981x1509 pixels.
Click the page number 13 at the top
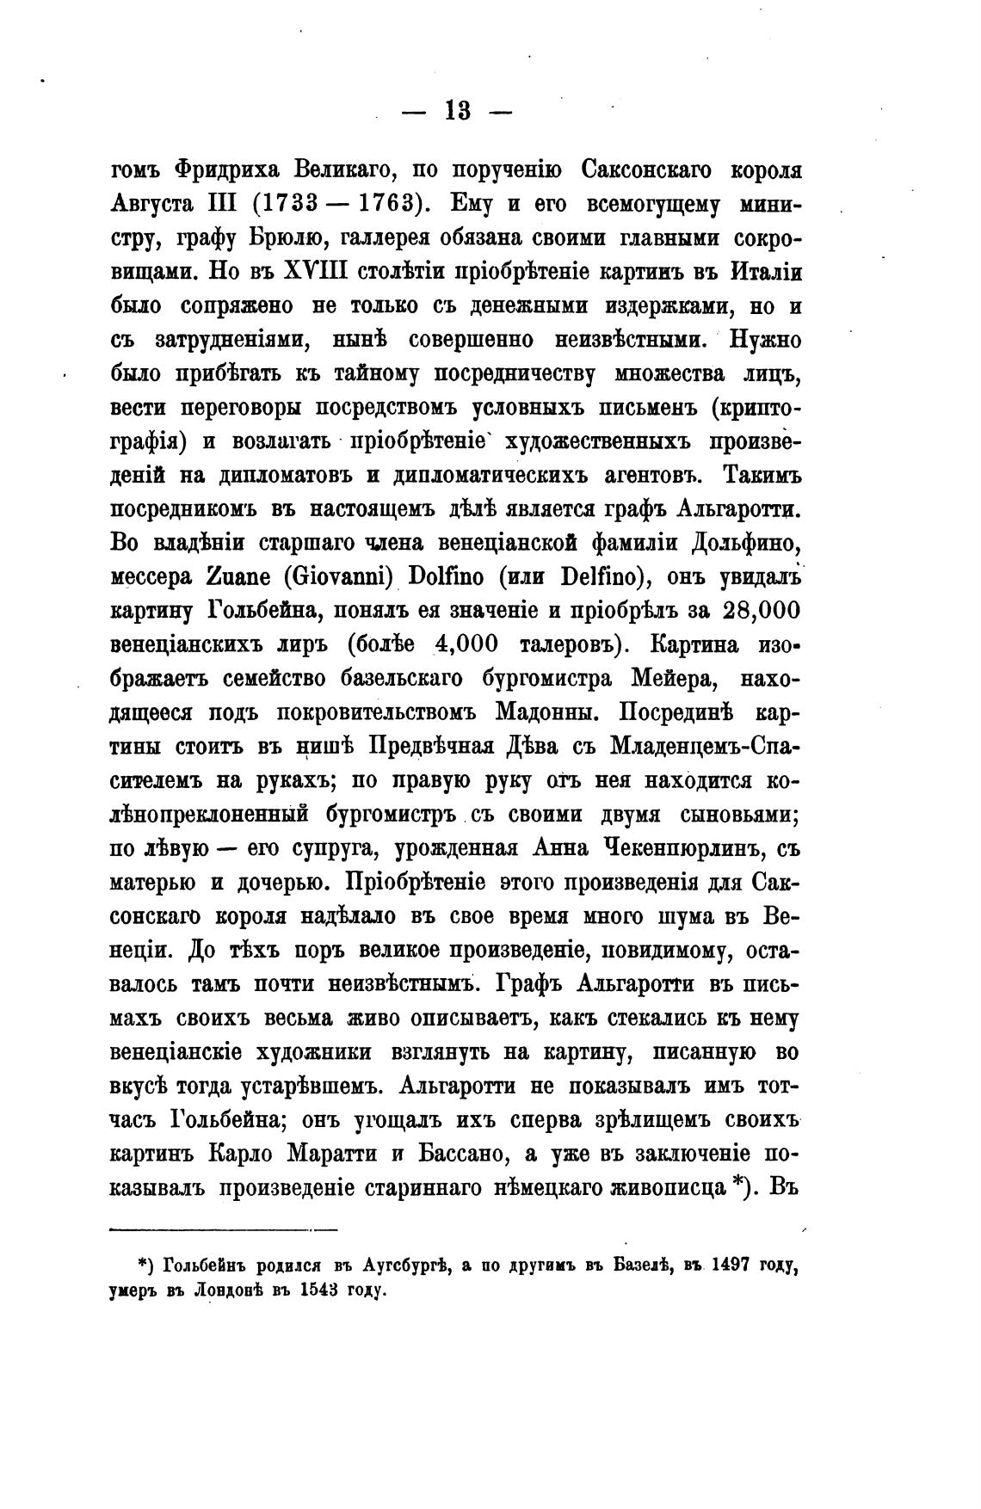tap(457, 111)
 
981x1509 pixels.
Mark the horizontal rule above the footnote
tap(225, 1229)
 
